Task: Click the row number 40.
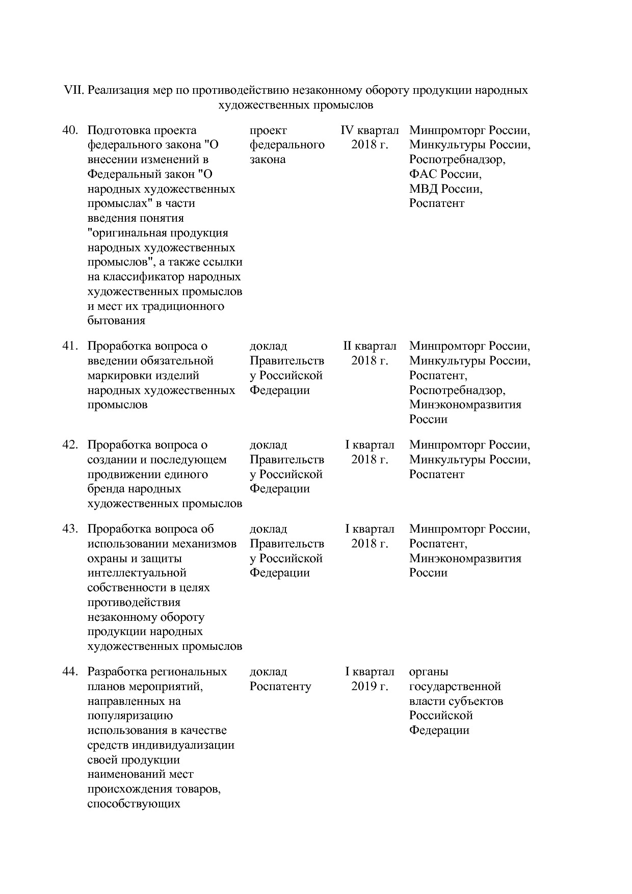[x=70, y=130]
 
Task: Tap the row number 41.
[x=70, y=346]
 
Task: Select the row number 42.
[x=70, y=445]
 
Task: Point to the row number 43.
[x=70, y=529]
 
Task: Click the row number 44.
[x=70, y=672]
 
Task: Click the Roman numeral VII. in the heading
[x=73, y=91]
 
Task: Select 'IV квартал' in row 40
[x=370, y=130]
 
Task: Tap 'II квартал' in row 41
[x=370, y=346]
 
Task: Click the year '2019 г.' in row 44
[x=370, y=687]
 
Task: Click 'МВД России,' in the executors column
[x=445, y=189]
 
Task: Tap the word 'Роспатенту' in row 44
[x=280, y=687]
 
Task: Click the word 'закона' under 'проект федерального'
[x=268, y=160]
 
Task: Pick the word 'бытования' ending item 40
[x=116, y=321]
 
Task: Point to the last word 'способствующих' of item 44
[x=134, y=804]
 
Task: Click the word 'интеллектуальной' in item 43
[x=137, y=573]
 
